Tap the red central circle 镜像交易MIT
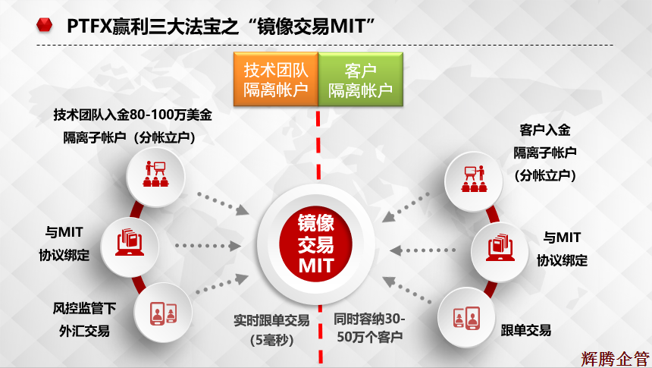[316, 244]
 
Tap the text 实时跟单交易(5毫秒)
[271, 329]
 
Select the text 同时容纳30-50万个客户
[371, 328]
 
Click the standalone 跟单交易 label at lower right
[525, 330]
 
